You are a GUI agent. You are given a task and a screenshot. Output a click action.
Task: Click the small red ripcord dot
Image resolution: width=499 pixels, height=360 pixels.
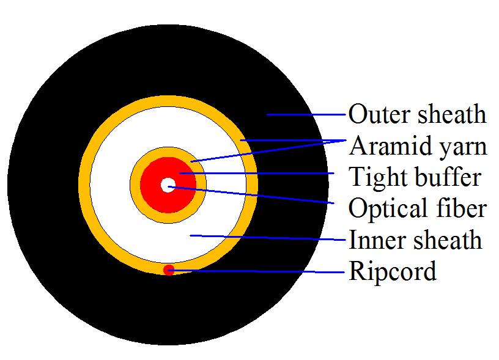point(169,270)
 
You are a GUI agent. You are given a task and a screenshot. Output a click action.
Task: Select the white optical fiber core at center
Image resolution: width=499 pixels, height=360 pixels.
point(168,185)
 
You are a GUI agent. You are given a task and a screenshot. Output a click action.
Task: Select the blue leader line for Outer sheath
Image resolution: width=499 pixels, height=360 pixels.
point(306,114)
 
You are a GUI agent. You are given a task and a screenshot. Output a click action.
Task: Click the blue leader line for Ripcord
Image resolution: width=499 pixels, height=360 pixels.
point(256,271)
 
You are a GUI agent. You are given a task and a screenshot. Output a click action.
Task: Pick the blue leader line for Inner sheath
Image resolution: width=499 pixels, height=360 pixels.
point(268,238)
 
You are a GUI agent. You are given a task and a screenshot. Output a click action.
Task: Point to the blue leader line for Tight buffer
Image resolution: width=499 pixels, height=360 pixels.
point(257,174)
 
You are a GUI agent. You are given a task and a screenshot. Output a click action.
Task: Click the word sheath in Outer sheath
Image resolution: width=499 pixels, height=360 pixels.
point(452,114)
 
